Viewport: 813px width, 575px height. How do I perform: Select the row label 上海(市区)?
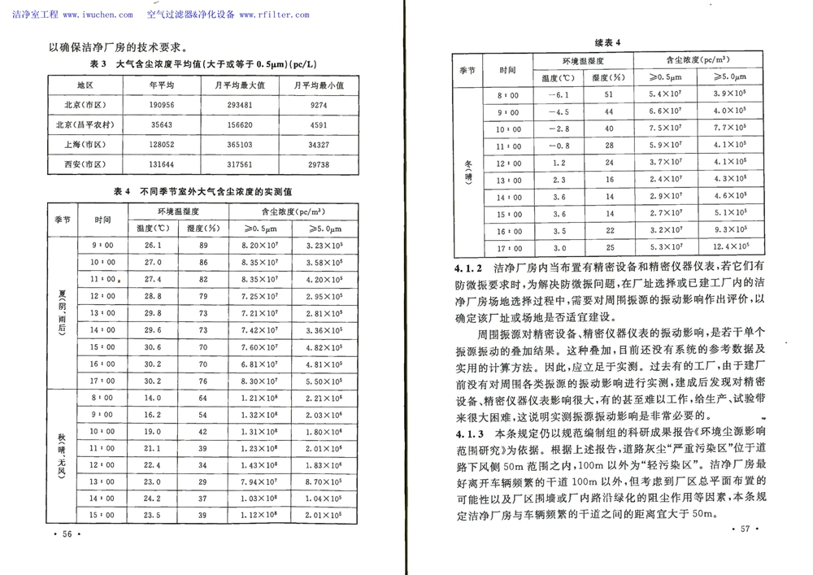tap(85, 145)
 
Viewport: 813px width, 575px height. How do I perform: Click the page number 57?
tap(743, 529)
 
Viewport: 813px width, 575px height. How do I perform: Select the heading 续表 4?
tap(607, 42)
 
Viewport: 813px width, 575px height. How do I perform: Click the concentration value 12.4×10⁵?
tap(729, 247)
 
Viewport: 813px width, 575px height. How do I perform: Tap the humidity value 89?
tap(203, 245)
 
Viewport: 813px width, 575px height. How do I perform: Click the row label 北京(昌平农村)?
tap(85, 125)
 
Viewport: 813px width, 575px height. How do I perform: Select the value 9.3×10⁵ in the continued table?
tap(729, 230)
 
